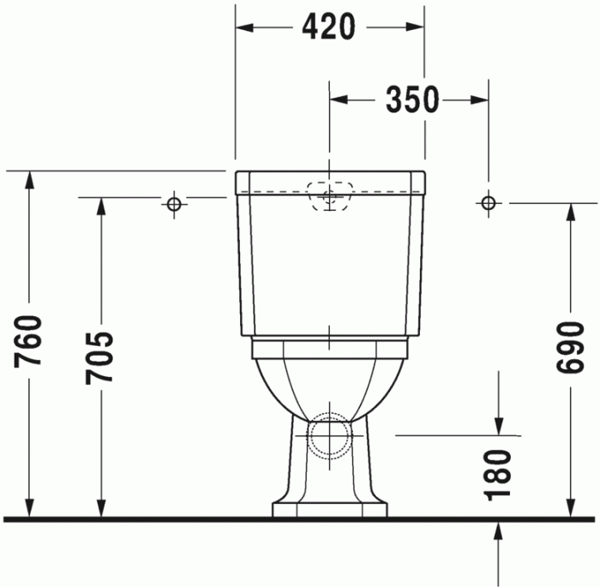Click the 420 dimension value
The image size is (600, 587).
(x=328, y=27)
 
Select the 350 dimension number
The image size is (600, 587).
(x=411, y=100)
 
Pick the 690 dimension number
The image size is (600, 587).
(x=569, y=349)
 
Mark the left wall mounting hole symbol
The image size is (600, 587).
(x=174, y=203)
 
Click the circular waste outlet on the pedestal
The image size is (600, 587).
(x=329, y=434)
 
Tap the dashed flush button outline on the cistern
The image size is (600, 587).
(x=330, y=195)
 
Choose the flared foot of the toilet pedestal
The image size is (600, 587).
(x=329, y=508)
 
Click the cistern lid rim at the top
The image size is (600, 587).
(x=330, y=181)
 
